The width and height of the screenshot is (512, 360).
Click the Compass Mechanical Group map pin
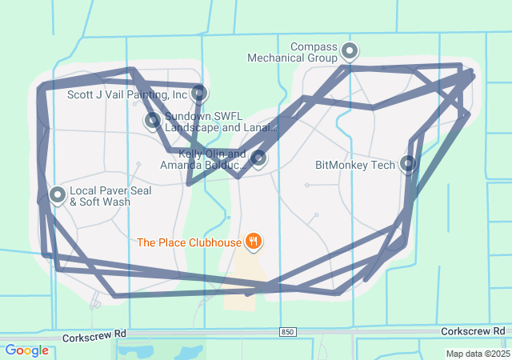tap(350, 52)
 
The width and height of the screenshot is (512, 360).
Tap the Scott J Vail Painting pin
tap(199, 94)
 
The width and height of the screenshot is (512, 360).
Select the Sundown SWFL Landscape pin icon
tap(152, 121)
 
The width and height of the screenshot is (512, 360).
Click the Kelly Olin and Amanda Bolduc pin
tap(258, 158)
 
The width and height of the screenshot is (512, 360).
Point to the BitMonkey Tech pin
tap(408, 164)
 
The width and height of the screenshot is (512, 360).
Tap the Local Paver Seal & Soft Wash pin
tap(58, 194)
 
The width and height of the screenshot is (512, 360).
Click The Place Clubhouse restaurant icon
tap(254, 240)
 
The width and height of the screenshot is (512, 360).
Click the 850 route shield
tap(288, 331)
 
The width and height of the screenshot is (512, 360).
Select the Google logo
tap(26, 350)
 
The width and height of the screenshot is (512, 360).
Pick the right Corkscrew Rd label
tap(477, 330)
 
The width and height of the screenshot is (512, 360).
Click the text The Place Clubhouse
tap(189, 242)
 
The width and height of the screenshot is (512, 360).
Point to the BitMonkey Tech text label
tap(355, 166)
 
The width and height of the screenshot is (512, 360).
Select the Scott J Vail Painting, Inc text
tap(127, 94)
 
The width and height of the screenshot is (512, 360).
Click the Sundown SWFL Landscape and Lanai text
tap(220, 122)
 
